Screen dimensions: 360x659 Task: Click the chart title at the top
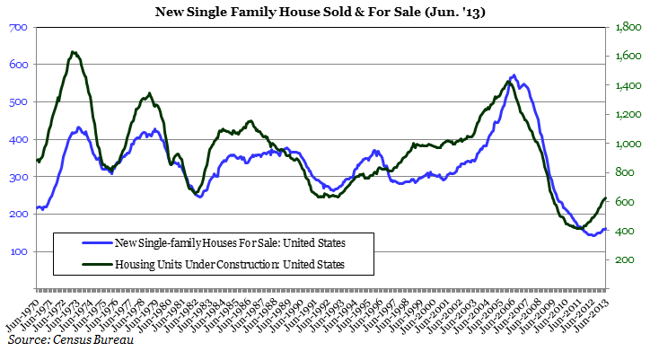329,12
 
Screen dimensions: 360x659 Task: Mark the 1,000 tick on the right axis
627,145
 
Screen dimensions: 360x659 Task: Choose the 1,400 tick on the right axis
627,86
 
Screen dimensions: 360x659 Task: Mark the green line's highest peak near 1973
74,52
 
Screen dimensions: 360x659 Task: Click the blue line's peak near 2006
513,75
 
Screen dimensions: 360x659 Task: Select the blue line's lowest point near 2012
589,234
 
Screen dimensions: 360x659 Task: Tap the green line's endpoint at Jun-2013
606,198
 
